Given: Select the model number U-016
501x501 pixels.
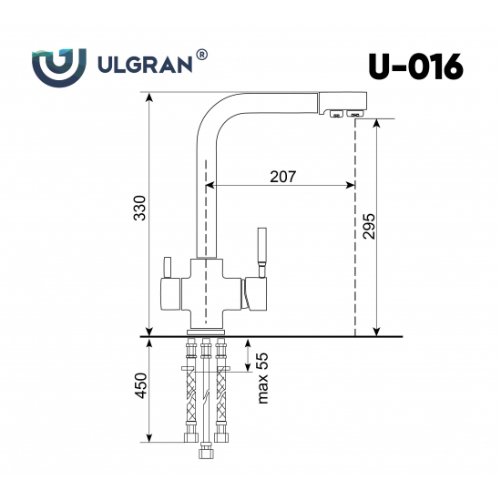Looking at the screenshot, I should click(414, 66).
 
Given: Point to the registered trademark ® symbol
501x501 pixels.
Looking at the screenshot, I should click(201, 56).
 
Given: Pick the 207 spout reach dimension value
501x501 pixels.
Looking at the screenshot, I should click(282, 176).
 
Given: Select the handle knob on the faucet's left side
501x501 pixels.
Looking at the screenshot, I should click(167, 268).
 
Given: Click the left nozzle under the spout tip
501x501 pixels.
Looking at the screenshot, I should click(335, 114).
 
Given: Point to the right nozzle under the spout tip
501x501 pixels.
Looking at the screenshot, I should click(352, 114).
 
